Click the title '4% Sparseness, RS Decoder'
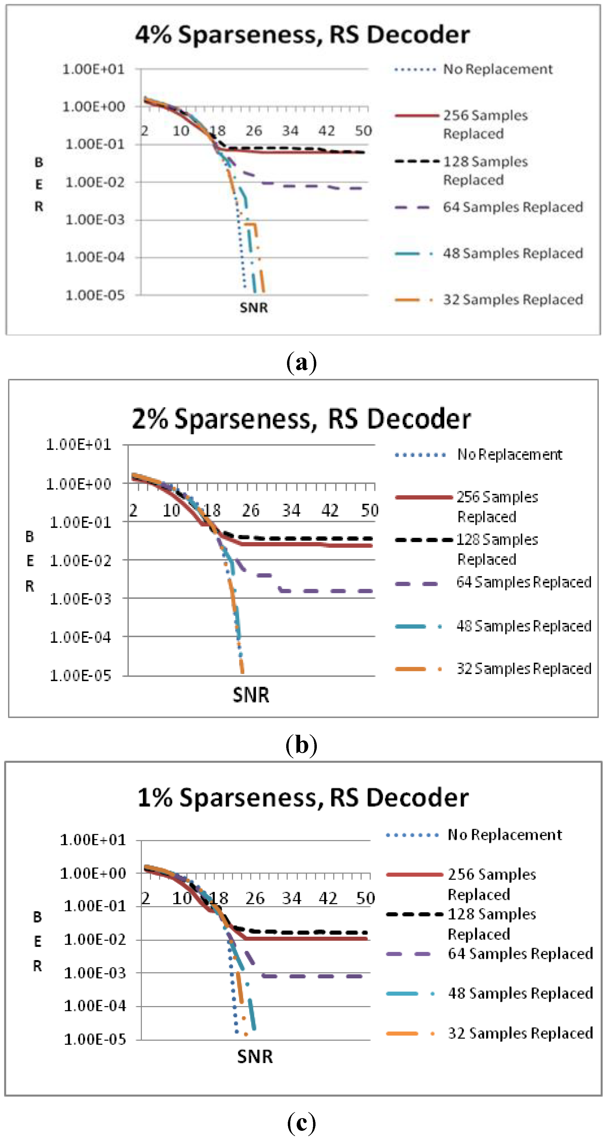tap(303, 35)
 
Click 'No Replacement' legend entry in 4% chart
tap(497, 70)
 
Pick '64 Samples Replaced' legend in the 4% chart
tap(512, 207)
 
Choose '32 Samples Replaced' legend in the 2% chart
tap(523, 668)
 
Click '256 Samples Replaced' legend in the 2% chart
tap(497, 507)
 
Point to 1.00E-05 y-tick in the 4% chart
tap(95, 295)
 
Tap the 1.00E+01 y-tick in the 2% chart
tap(79, 445)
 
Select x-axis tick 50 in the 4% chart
tap(363, 131)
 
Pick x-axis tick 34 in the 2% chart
tap(291, 510)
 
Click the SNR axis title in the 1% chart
tap(255, 1056)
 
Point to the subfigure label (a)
tap(302, 362)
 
